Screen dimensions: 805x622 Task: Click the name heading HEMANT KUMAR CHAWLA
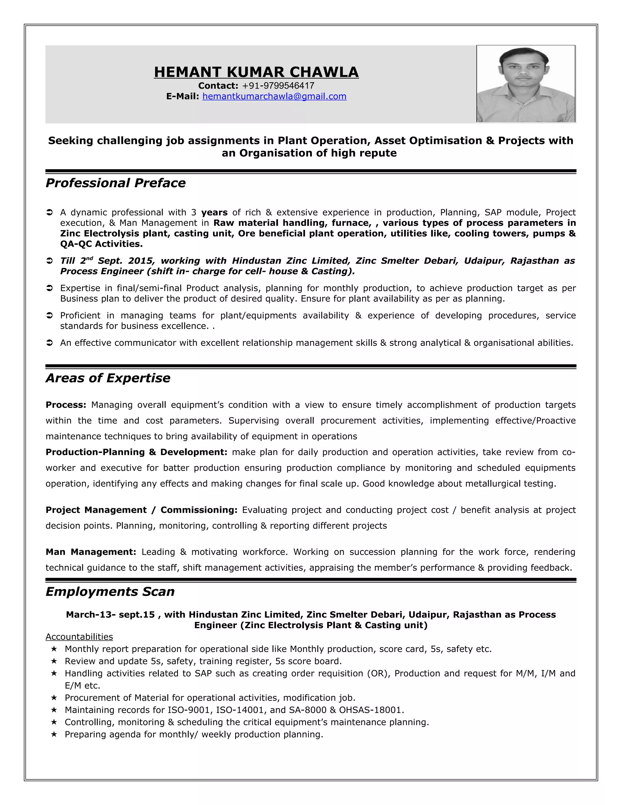[256, 72]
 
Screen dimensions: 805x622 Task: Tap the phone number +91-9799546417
[278, 86]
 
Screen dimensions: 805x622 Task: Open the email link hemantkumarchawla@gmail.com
[274, 97]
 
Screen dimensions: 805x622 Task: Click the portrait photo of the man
[525, 84]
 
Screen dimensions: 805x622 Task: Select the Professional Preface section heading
[115, 183]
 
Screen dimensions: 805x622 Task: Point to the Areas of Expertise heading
[108, 378]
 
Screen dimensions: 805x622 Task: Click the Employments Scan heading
[110, 591]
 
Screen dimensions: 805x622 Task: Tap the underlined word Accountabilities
[79, 637]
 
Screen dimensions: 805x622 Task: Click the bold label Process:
[66, 405]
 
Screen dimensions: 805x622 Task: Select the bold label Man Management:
[91, 552]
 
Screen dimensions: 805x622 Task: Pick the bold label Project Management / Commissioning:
[142, 510]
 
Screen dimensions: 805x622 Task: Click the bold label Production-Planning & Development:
[136, 452]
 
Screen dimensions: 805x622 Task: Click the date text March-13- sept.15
[110, 615]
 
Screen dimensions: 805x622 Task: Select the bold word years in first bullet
[214, 213]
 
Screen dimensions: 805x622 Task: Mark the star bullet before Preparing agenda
[54, 734]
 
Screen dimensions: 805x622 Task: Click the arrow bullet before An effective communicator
[50, 343]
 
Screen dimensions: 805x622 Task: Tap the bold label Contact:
[218, 86]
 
